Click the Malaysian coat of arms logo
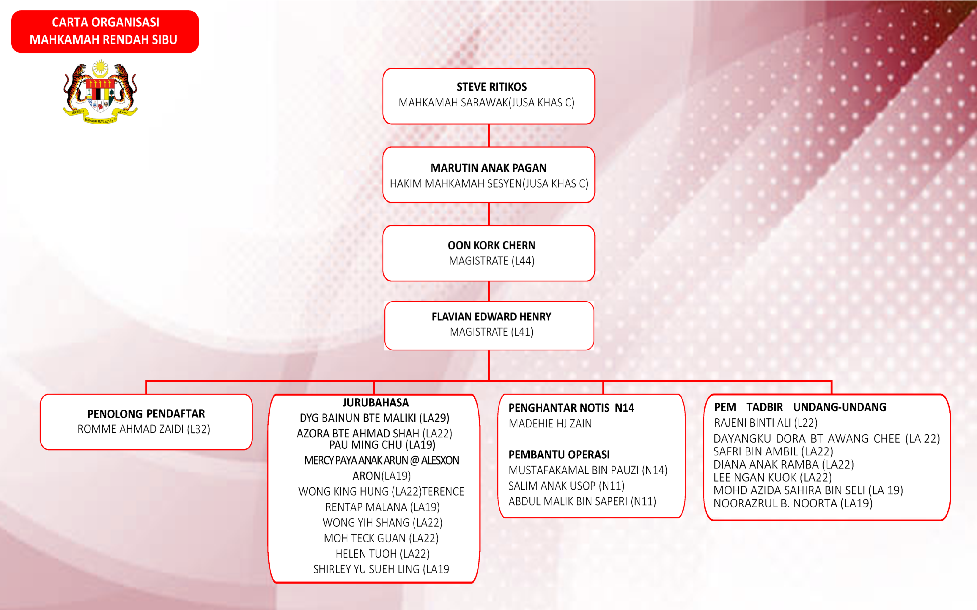pos(100,92)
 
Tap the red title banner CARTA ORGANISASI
pos(105,31)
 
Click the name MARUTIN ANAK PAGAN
pos(488,168)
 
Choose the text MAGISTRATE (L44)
pos(491,261)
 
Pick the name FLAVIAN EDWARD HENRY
pos(491,317)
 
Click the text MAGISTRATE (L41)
pos(491,332)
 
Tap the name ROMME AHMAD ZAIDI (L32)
pos(144,429)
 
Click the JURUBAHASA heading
pos(376,403)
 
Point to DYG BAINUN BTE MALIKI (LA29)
pos(374,418)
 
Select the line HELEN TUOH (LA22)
pos(382,554)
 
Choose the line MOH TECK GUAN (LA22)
pos(381,538)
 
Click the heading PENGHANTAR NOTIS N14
pos(571,408)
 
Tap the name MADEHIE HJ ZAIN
pos(550,424)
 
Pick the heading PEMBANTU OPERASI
pos(559,455)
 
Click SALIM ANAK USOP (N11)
pos(566,486)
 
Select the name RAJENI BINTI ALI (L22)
pos(765,423)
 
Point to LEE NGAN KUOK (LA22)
pos(772,478)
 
